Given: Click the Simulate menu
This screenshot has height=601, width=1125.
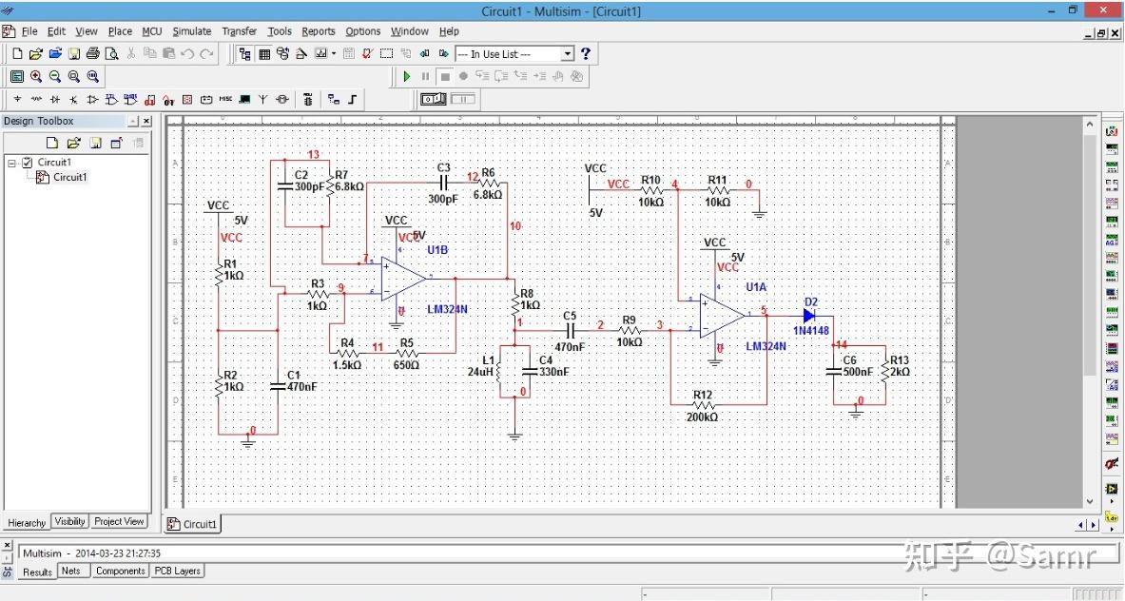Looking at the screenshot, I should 191,31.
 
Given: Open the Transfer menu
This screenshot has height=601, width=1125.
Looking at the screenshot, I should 239,31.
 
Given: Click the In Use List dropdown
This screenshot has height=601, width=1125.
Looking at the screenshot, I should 514,54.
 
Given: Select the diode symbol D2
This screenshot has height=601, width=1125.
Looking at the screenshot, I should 809,315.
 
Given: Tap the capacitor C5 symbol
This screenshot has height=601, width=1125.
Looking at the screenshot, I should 571,329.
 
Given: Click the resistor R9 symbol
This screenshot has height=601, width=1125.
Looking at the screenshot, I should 629,330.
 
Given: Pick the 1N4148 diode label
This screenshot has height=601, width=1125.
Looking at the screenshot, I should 811,330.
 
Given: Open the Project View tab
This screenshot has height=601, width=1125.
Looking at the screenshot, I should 120,521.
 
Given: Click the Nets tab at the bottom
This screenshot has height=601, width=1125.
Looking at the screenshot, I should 71,571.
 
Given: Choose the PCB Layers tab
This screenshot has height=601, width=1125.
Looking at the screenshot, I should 176,571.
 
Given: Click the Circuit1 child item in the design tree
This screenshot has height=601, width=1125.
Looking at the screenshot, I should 69,177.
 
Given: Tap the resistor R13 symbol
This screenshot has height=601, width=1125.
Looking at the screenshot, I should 885,368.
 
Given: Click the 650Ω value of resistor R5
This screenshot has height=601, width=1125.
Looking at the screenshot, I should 406,365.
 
